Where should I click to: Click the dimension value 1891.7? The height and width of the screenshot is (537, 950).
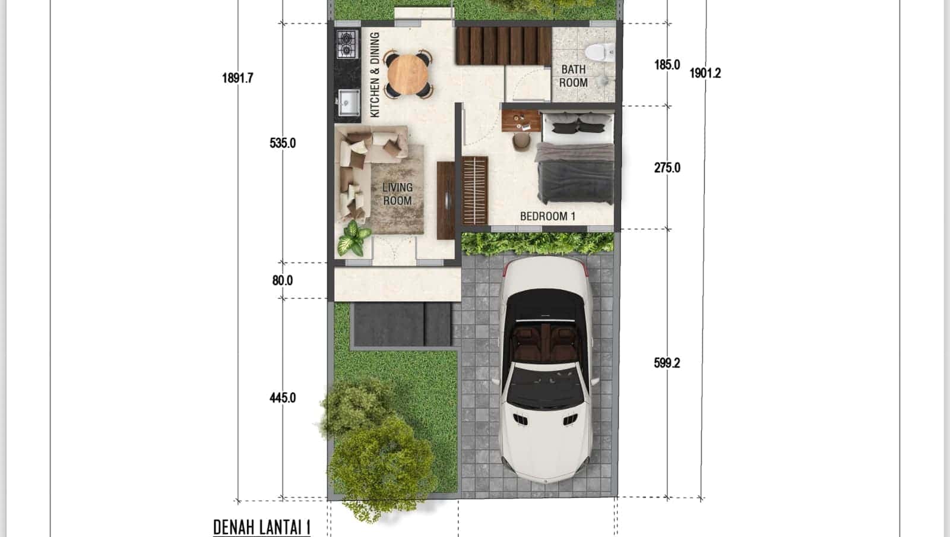(x=237, y=78)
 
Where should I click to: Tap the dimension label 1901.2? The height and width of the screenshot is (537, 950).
(x=705, y=73)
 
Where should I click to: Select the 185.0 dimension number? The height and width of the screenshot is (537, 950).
(x=667, y=65)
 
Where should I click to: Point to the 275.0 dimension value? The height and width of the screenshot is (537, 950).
(x=667, y=168)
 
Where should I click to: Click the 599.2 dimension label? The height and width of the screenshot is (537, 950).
(x=666, y=363)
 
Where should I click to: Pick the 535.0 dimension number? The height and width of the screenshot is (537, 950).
(x=282, y=143)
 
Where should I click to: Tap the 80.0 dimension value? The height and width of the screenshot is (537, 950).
(x=282, y=280)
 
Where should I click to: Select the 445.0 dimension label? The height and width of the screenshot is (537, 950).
(x=282, y=397)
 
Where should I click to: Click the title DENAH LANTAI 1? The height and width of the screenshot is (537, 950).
(x=262, y=527)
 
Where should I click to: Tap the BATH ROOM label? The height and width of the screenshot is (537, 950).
(x=573, y=76)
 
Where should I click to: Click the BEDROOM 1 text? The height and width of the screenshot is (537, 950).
(x=547, y=216)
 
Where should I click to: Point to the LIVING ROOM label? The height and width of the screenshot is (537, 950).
(x=397, y=194)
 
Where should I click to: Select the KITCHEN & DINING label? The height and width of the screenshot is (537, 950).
(x=375, y=75)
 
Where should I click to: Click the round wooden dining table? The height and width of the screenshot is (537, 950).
(x=407, y=74)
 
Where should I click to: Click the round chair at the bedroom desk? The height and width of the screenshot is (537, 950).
(x=521, y=141)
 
